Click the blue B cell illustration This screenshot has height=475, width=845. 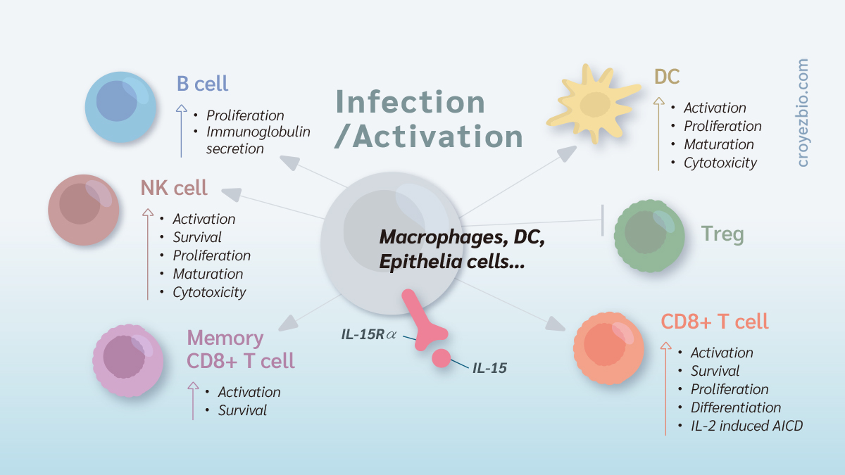120,107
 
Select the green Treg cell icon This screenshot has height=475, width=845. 649,234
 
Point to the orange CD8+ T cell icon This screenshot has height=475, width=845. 609,347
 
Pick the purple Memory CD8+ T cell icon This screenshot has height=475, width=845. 127,360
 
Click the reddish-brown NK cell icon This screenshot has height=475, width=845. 83,209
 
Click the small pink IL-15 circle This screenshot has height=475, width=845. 442,357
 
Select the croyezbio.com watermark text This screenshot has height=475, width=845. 803,113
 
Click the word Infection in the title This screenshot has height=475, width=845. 410,102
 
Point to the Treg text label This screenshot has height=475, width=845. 722,234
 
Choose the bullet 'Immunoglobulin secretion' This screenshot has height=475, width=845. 258,140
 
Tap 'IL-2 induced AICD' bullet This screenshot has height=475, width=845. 746,426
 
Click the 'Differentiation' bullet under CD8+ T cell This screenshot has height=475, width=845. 736,407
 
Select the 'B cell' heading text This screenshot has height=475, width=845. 202,84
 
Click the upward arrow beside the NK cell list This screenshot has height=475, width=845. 148,253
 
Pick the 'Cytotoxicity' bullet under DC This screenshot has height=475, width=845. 720,163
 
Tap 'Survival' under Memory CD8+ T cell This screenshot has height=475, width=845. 242,410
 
